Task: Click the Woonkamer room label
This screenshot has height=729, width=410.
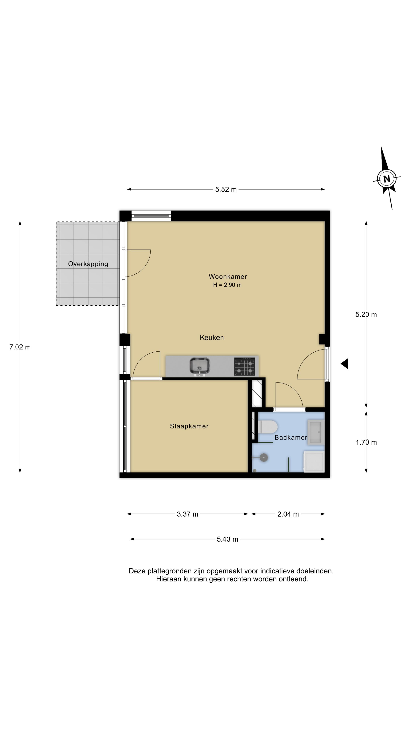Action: pyautogui.click(x=228, y=276)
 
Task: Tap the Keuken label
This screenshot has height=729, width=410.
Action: pyautogui.click(x=212, y=337)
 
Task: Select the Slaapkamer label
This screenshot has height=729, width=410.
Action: pyautogui.click(x=189, y=426)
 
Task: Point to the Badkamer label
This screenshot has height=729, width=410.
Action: pyautogui.click(x=291, y=438)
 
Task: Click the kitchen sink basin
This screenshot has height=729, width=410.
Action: pyautogui.click(x=199, y=366)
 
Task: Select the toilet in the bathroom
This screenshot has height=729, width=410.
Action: pyautogui.click(x=267, y=427)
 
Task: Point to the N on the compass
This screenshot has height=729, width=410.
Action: pyautogui.click(x=386, y=179)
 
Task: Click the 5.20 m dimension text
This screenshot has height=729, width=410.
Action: pyautogui.click(x=366, y=314)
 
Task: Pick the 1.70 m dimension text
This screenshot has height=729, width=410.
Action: pyautogui.click(x=366, y=442)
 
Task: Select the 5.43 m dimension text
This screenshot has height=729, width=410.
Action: pyautogui.click(x=227, y=539)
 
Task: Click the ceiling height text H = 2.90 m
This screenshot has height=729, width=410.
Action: pyautogui.click(x=227, y=285)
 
